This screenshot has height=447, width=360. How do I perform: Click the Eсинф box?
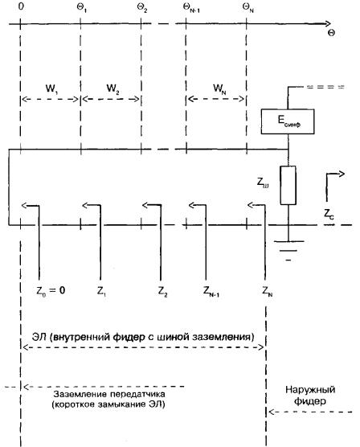coord(288,121)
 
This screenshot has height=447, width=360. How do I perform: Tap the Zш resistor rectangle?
coord(288,185)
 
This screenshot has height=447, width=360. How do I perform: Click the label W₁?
coord(51,88)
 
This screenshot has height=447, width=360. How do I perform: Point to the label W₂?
coord(112,88)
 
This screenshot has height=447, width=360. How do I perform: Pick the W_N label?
coord(219,88)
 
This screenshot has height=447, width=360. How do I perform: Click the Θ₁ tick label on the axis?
coord(82,8)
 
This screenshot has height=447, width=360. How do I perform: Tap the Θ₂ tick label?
coord(142,8)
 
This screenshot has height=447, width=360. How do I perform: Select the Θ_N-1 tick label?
coord(191,8)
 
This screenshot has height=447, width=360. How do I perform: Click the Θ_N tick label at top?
coord(248,8)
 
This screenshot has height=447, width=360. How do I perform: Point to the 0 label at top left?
coord(21,6)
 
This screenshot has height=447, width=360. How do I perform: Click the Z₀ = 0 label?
coord(51,291)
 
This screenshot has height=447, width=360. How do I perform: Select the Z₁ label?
coord(101,291)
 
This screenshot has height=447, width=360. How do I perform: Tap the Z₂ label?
coord(163,291)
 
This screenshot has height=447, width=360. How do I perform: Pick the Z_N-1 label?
coord(211,291)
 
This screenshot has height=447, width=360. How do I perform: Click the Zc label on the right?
coord(329,214)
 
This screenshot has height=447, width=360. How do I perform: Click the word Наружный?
coord(310,390)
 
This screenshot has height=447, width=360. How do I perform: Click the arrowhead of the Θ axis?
coord(328,23)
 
